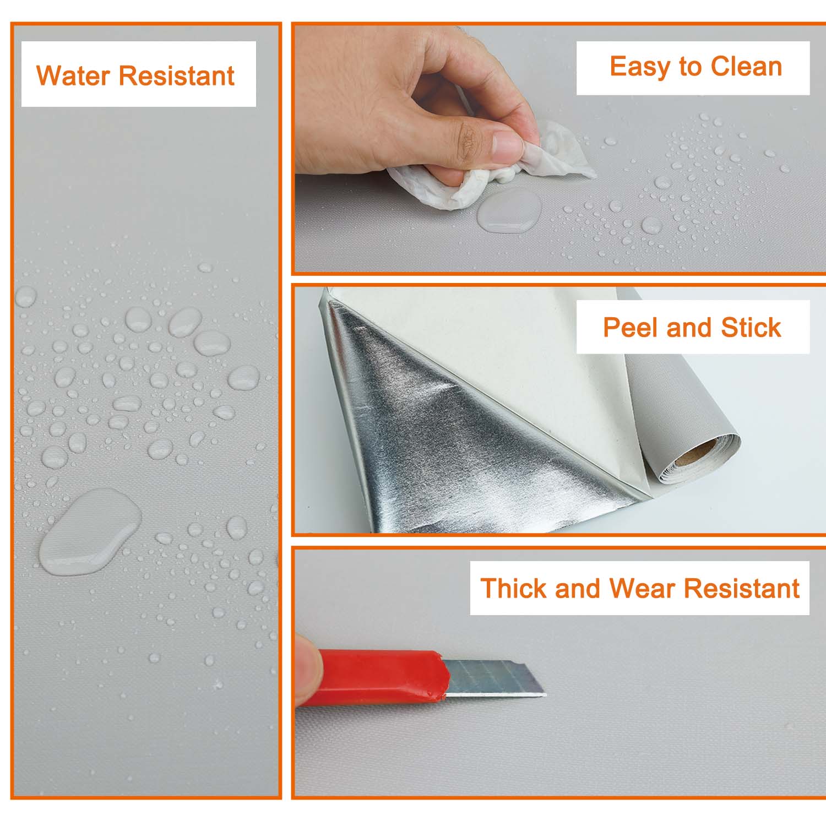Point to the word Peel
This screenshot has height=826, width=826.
coord(631,328)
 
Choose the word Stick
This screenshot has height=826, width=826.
coord(751,328)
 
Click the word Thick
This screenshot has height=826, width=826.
coord(514,588)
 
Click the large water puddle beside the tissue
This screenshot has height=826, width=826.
coord(509,210)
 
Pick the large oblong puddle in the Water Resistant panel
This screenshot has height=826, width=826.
coord(90,531)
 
